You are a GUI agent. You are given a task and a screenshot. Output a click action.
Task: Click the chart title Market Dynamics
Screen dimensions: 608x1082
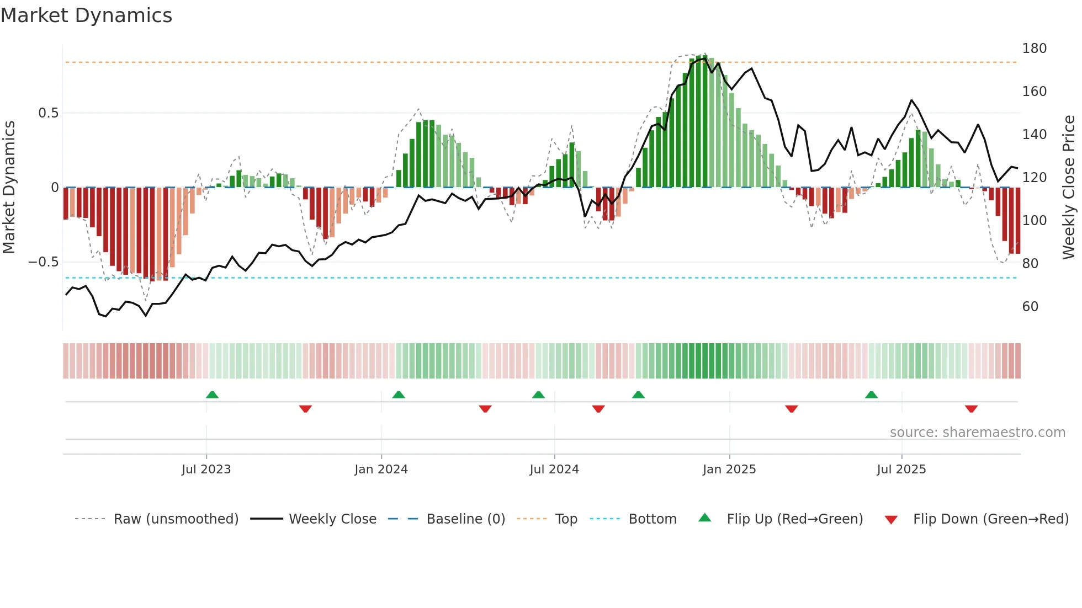point(86,15)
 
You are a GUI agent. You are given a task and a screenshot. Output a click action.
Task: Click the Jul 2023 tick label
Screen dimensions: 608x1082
point(206,470)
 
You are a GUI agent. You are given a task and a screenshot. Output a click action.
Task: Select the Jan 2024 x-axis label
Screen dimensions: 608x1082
point(381,470)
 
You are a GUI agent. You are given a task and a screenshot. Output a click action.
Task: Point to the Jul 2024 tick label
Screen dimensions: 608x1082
point(554,470)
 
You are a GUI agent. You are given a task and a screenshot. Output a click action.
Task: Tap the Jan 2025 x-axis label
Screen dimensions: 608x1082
point(729,470)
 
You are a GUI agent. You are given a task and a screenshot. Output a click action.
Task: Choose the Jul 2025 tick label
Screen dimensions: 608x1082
point(901,470)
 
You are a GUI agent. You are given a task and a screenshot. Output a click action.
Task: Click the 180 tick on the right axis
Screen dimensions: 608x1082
point(1034,49)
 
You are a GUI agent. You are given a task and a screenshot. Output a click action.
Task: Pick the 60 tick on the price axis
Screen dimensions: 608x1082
point(1030,307)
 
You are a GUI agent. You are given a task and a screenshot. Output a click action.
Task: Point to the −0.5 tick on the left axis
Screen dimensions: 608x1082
point(44,262)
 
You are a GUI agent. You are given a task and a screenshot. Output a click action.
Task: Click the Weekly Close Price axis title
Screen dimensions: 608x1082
point(1069,187)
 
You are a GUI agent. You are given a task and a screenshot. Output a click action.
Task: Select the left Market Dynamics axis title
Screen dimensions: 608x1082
point(9,187)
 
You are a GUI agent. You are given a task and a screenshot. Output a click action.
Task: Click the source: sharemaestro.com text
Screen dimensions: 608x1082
point(977,433)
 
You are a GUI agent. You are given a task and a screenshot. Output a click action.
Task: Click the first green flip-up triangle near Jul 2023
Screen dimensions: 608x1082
point(212,394)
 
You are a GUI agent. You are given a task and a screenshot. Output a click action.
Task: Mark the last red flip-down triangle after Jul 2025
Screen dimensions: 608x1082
point(971,409)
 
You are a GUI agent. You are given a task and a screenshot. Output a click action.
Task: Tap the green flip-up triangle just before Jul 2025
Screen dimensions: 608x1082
point(871,394)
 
